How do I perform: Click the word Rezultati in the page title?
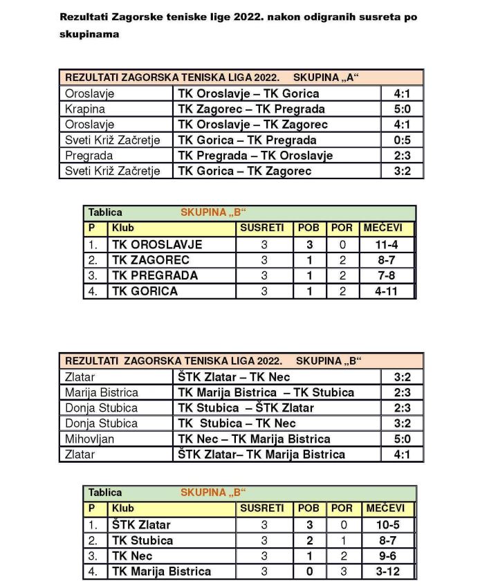(81, 16)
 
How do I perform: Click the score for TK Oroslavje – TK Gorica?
(402, 93)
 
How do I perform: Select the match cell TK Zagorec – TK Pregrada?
(251, 109)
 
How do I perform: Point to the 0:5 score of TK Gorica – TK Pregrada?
(402, 140)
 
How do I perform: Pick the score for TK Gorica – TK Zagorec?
(402, 171)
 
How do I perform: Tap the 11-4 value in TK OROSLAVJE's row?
(387, 244)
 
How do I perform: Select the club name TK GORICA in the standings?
(145, 291)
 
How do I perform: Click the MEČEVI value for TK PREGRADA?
(387, 275)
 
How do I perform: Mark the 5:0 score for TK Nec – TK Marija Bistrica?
(402, 439)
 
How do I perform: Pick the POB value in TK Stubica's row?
(310, 540)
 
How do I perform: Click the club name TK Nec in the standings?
(131, 556)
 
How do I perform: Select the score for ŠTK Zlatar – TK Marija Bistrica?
(402, 455)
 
